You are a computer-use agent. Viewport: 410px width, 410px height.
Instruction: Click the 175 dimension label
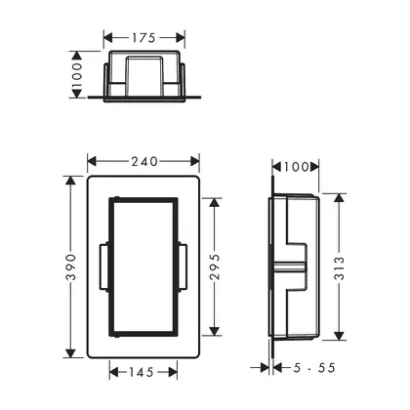[x=143, y=38]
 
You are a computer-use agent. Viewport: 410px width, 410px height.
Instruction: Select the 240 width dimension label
[x=144, y=161]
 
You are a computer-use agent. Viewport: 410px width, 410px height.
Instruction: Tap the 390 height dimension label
[x=70, y=267]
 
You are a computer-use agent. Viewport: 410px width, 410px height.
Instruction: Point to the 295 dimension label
[x=215, y=267]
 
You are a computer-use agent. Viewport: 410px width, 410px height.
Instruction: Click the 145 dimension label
[x=142, y=372]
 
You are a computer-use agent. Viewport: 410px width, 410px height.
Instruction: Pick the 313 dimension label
[x=339, y=268]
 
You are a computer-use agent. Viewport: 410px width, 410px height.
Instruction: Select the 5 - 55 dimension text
[x=314, y=368]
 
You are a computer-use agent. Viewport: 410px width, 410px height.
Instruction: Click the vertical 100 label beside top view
[x=77, y=75]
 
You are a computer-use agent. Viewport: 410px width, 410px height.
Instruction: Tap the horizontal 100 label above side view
[x=296, y=167]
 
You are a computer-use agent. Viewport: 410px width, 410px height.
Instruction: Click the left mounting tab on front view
[x=104, y=266]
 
